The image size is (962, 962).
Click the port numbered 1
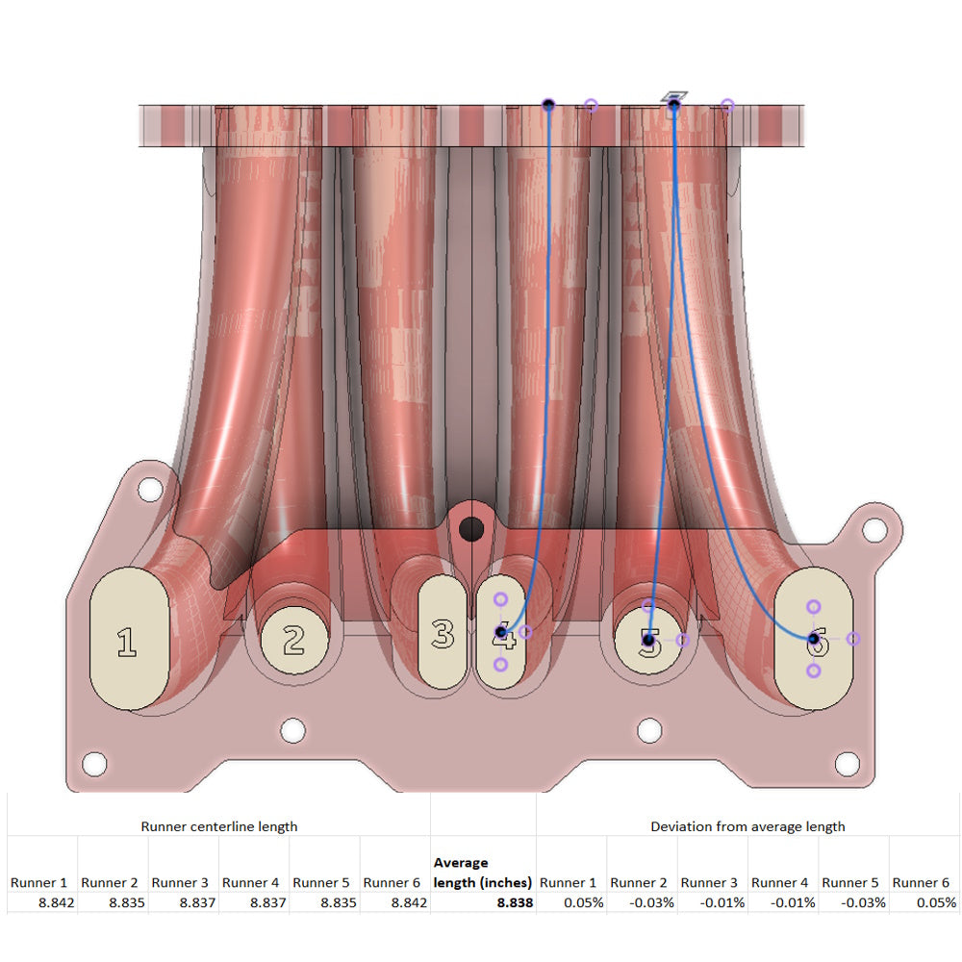click(x=128, y=639)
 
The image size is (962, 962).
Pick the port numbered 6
click(x=813, y=639)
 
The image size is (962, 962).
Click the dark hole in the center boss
click(x=471, y=528)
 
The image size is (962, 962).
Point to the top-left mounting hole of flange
click(x=149, y=489)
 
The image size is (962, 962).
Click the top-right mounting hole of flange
click(x=873, y=529)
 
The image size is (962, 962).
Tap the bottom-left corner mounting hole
click(x=93, y=764)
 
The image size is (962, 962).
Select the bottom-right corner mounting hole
click(x=847, y=764)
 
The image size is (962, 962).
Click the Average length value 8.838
click(x=515, y=902)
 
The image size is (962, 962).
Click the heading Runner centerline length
click(x=219, y=825)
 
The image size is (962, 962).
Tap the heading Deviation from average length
click(x=747, y=825)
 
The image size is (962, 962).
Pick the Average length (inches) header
click(x=483, y=873)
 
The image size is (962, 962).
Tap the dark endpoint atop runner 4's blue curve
click(x=548, y=104)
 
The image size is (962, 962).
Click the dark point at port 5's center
click(x=649, y=639)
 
